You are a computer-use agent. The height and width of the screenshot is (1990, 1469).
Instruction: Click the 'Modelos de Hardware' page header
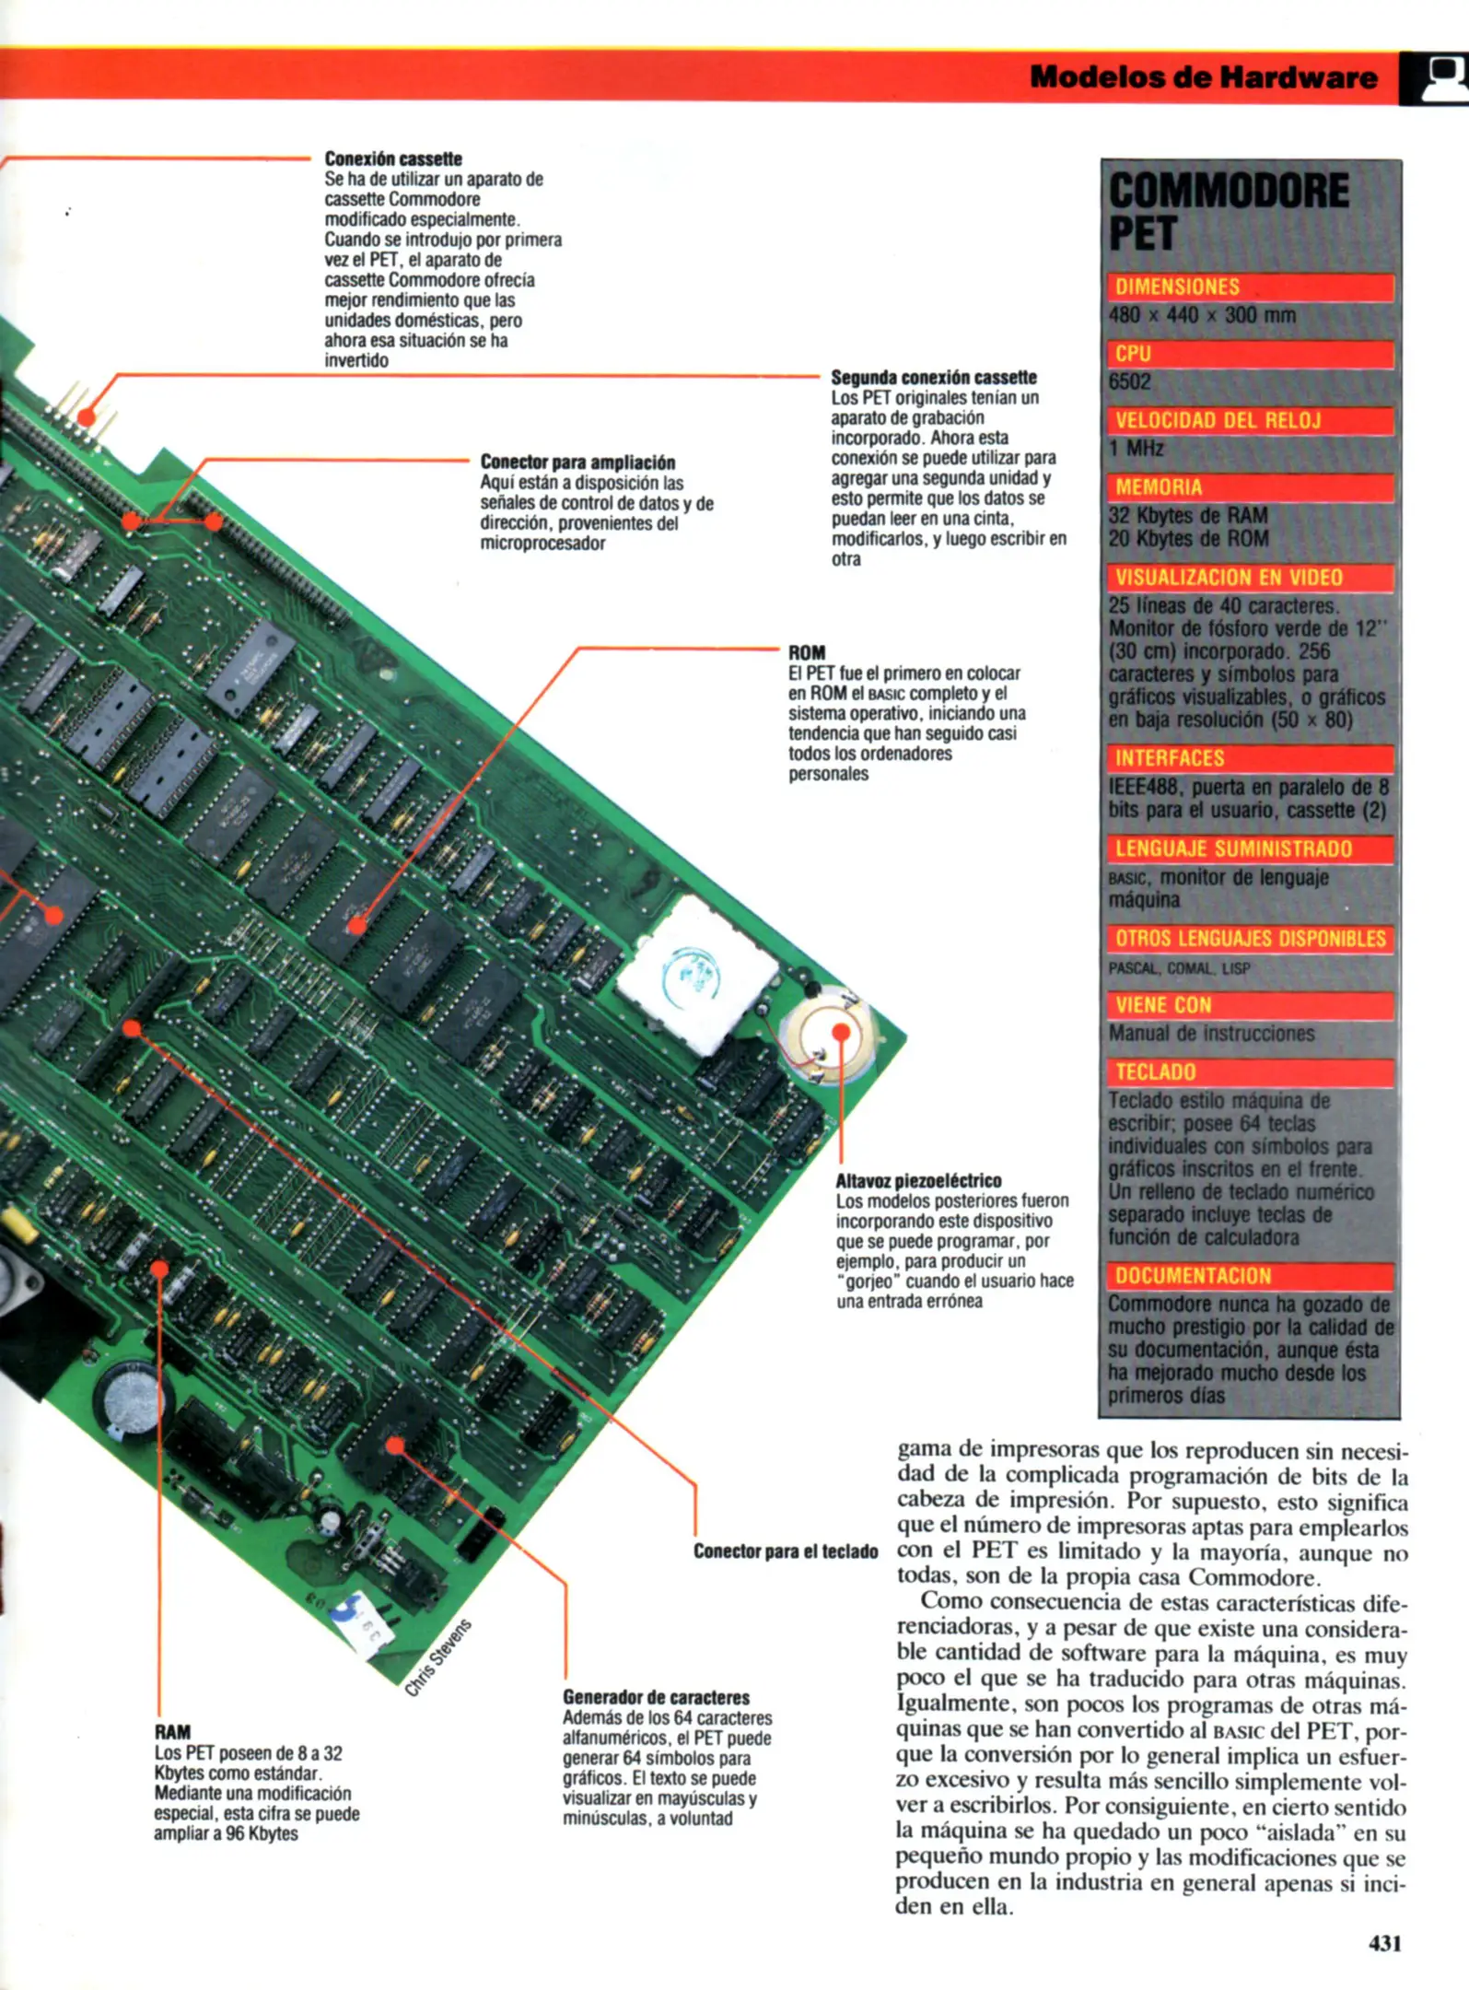click(1203, 76)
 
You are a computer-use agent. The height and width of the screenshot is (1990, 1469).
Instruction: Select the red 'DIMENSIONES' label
click(1178, 287)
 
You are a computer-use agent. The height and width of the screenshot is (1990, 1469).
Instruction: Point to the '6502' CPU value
click(1130, 381)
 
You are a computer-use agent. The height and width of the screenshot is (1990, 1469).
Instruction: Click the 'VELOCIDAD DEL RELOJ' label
click(1218, 421)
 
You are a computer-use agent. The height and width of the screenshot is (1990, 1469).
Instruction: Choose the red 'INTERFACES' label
click(1170, 758)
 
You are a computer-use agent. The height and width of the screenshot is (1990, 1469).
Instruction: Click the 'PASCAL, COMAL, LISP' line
click(1179, 968)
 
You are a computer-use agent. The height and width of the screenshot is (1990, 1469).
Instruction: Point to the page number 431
click(1384, 1943)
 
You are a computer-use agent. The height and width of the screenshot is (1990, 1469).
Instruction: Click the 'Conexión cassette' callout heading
click(393, 159)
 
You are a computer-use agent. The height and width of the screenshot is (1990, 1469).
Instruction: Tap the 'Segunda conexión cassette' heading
click(933, 378)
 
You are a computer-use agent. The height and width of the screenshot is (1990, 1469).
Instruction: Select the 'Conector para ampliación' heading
click(577, 462)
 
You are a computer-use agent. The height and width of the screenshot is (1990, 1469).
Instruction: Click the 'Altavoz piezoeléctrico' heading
click(918, 1181)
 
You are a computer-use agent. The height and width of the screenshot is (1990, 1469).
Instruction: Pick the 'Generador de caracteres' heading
click(656, 1697)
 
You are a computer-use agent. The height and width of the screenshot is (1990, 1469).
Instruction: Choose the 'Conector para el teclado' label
click(786, 1551)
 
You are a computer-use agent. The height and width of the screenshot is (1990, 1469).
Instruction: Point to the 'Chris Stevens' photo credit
click(438, 1656)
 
